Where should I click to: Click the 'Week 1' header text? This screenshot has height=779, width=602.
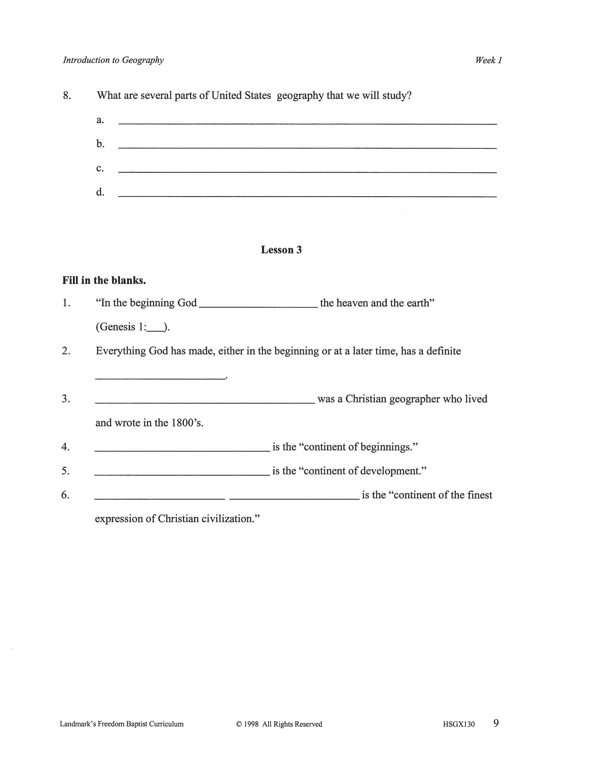488,60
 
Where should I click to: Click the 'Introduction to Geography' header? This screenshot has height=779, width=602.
113,60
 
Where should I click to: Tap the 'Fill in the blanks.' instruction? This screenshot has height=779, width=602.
104,280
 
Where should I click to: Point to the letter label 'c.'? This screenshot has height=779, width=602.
100,168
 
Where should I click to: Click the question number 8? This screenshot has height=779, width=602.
67,96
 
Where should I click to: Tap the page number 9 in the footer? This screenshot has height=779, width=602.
496,723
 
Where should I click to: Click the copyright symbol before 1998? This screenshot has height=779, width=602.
239,724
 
